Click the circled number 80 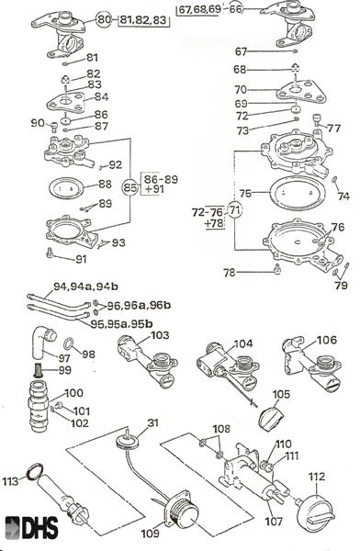pos(104,19)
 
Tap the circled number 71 pos(235,210)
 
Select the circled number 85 pos(130,187)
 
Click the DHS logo pos(31,527)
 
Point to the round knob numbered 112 pos(316,513)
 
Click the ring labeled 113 pos(36,471)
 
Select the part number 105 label pos(281,394)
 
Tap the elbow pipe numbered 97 pos(43,342)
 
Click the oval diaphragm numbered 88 pos(66,187)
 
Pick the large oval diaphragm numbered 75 pos(297,194)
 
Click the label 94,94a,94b pos(85,287)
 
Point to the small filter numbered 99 pos(38,370)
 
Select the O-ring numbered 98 pos(69,343)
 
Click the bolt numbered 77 pos(317,120)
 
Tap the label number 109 pos(150,534)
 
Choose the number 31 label pos(153,422)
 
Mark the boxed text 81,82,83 pos(142,20)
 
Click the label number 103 pos(160,335)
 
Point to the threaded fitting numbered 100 pos(39,405)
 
